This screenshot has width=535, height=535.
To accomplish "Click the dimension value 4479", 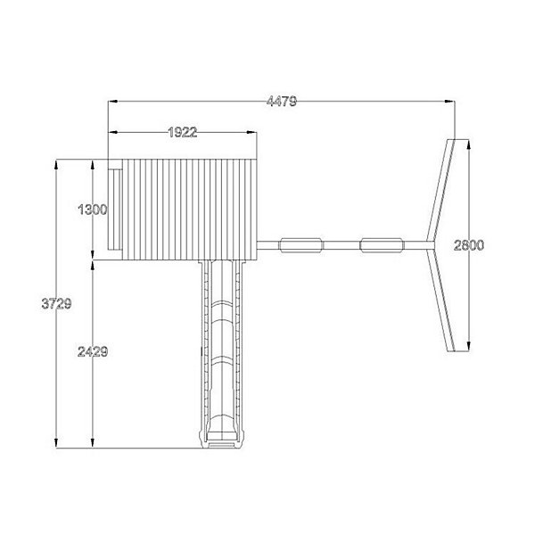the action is [x=282, y=102].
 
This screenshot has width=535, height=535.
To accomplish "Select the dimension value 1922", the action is [x=183, y=132].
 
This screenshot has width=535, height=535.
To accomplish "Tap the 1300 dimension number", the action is [x=93, y=210].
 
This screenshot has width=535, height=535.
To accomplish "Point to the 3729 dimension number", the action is [x=56, y=303].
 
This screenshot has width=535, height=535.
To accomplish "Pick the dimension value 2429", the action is [x=93, y=351].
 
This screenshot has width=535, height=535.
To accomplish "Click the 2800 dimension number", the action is [x=469, y=245].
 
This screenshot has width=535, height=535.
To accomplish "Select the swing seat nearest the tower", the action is [x=301, y=245].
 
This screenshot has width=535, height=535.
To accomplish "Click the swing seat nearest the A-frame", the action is [x=383, y=245].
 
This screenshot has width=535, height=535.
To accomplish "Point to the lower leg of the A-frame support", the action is [x=441, y=300].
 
